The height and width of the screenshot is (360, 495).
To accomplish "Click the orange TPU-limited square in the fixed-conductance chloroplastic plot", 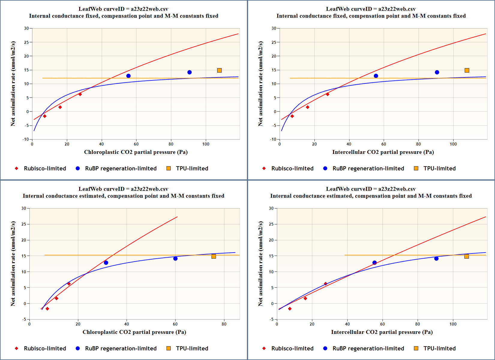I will pos(219,70).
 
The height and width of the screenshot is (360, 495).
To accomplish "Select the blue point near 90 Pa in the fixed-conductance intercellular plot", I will pos(437,72).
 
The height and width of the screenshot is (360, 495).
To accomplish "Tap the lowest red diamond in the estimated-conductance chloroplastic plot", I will pos(47,309).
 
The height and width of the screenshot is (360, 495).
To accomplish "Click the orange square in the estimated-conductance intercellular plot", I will pos(466,256).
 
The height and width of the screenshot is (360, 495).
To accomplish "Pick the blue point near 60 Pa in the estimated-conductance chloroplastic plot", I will pos(175,259).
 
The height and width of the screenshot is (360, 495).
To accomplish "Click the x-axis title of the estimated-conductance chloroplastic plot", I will pos(134,332).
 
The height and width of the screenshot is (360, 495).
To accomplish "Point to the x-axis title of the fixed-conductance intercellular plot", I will pos(383,152).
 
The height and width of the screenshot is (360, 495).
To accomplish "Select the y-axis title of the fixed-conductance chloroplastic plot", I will pos(13,84).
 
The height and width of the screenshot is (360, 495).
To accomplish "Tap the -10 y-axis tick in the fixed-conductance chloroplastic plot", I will pos(26,139).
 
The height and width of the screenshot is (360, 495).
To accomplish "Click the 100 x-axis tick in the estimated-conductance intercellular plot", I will pos(453,324).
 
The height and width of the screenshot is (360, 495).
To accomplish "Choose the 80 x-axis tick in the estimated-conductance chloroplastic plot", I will pos(224,324).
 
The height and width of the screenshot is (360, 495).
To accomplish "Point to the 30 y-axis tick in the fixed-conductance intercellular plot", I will pos(274,28).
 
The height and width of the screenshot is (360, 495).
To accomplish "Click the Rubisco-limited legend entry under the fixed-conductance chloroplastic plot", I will pos(45,168).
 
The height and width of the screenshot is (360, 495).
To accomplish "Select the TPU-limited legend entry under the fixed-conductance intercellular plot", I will pos(439,168).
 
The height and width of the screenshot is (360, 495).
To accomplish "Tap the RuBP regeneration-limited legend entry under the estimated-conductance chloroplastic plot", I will pos(121,348).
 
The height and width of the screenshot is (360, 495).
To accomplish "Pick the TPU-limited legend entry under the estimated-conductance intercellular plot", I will pos(439,348).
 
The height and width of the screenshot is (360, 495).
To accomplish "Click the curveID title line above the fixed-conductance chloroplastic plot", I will pos(123,9).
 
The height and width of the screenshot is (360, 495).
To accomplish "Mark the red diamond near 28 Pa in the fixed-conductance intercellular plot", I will pos(328,94).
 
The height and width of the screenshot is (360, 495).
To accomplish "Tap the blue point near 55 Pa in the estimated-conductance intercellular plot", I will pos(374,262).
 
